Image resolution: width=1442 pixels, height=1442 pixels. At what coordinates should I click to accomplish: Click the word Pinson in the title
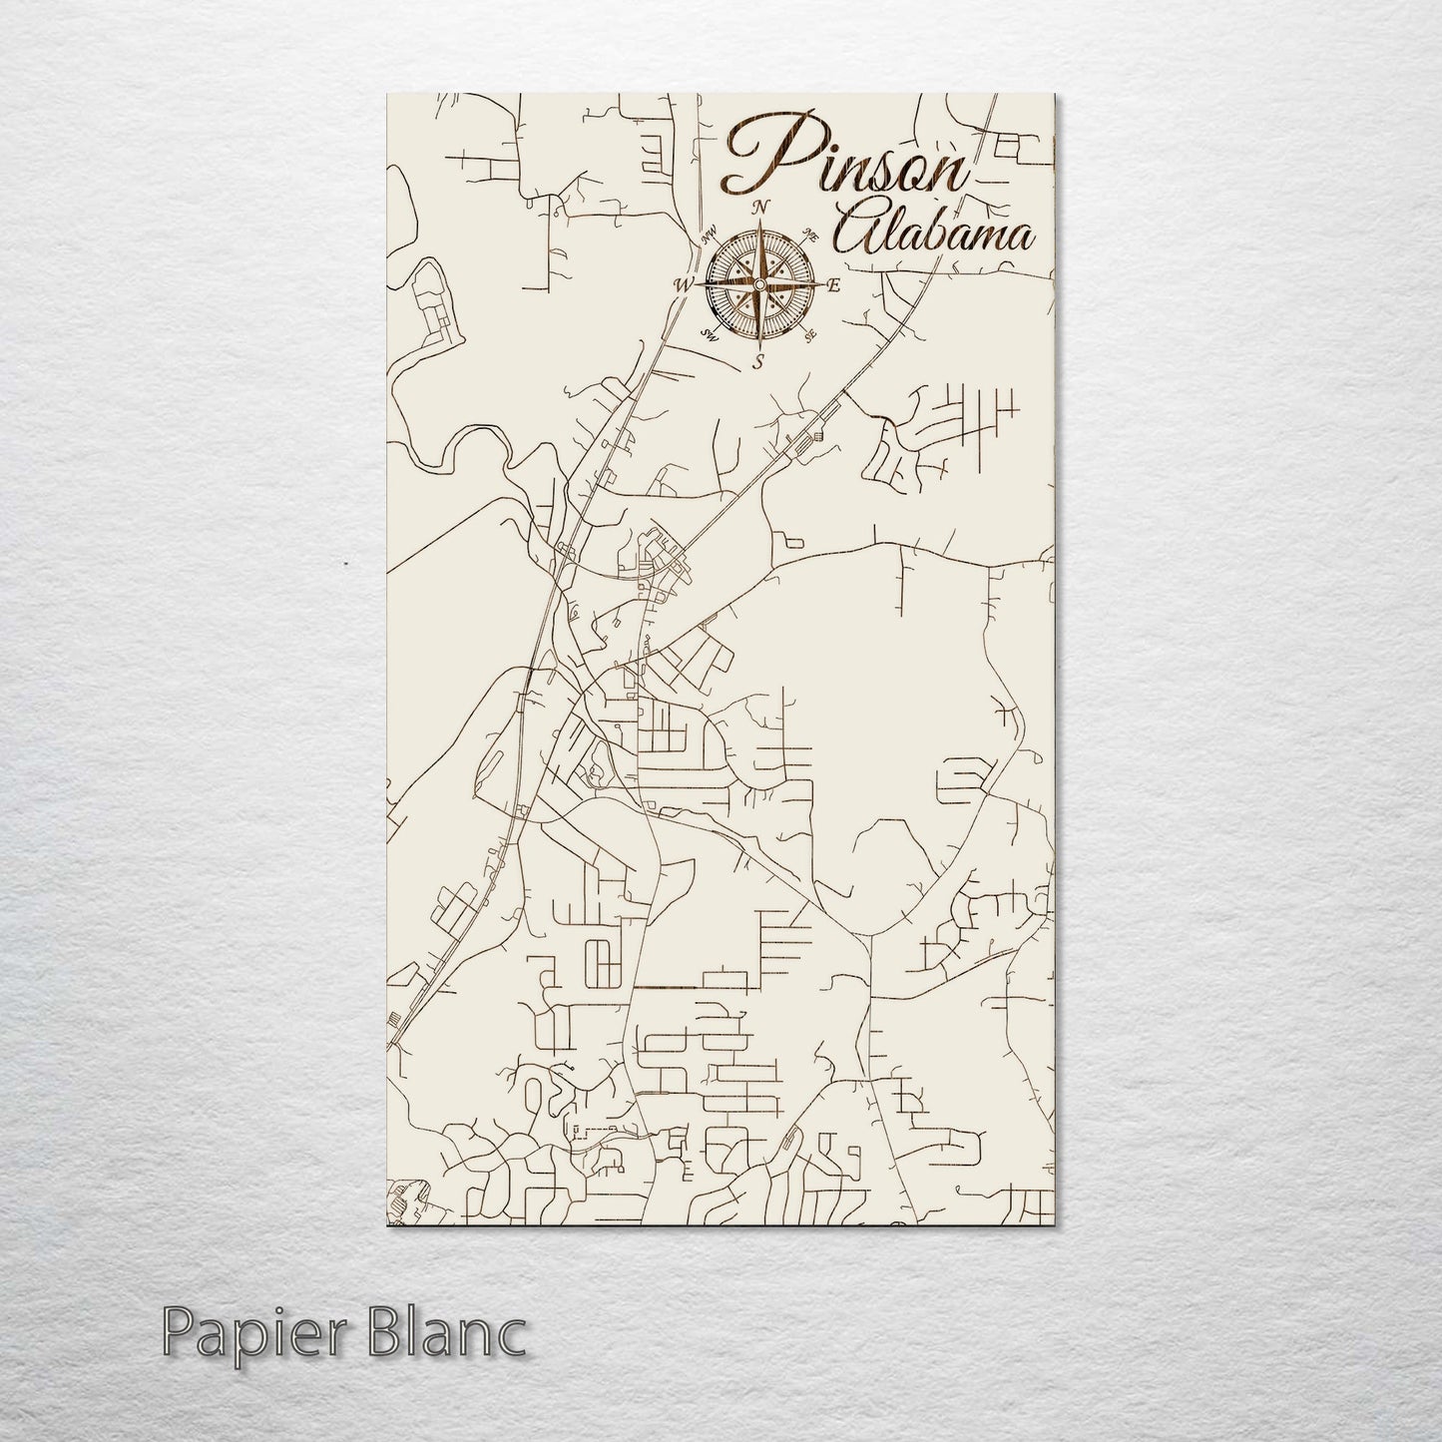[x=844, y=160]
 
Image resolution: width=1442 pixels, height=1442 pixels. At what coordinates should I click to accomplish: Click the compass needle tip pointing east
[x=819, y=285]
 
